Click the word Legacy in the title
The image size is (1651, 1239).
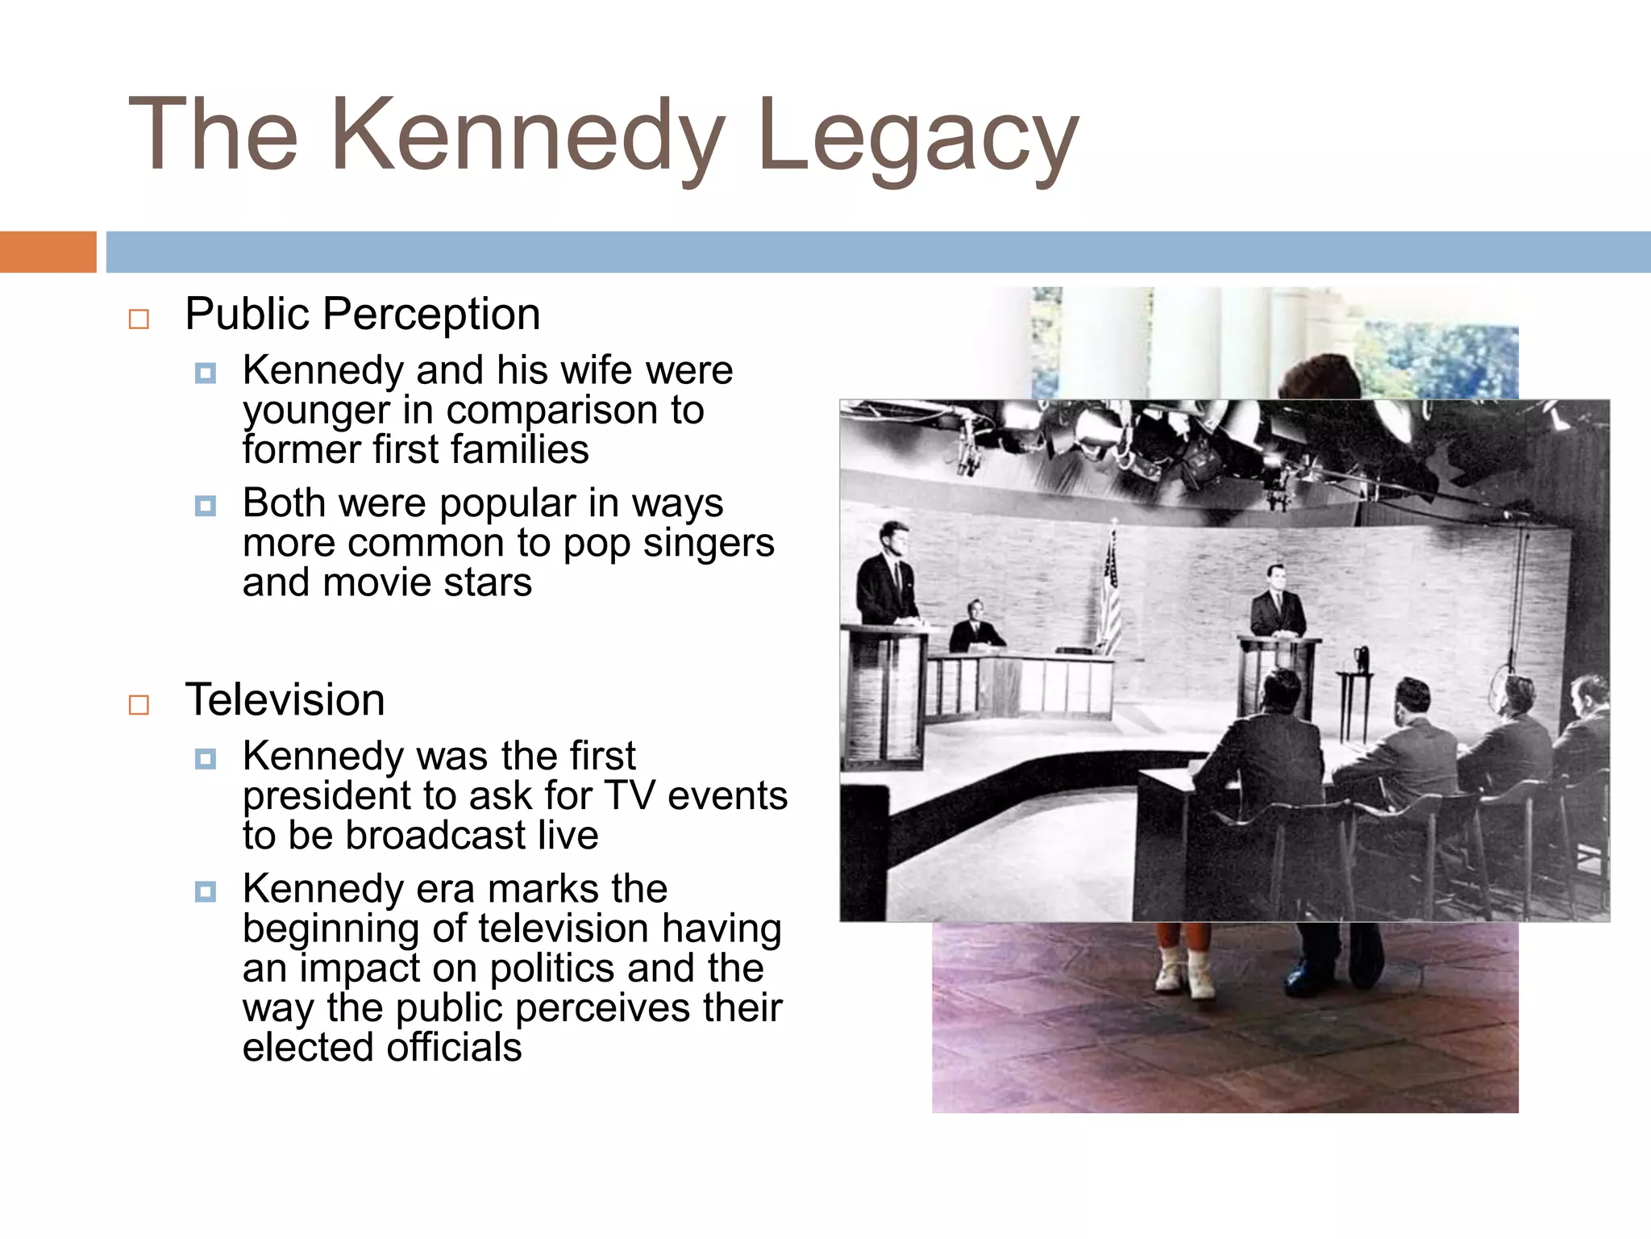click(x=917, y=137)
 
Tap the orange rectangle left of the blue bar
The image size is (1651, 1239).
click(x=48, y=252)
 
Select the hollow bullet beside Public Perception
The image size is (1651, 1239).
click(x=139, y=319)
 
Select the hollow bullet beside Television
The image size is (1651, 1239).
click(x=139, y=705)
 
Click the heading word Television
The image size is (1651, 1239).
click(x=285, y=699)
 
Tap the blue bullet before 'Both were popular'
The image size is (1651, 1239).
click(x=206, y=506)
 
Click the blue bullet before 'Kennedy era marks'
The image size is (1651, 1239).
click(x=206, y=891)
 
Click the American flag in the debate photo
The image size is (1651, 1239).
click(x=1111, y=593)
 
